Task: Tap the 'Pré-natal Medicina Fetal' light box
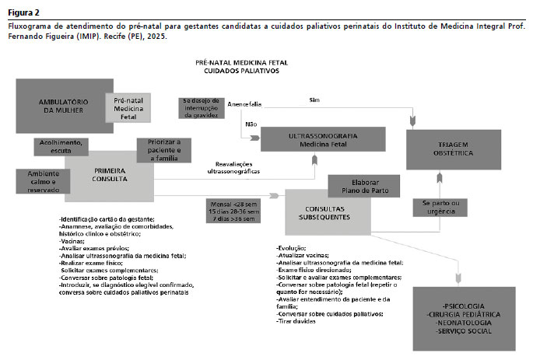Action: pos(129,108)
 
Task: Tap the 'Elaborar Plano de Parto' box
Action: pos(363,186)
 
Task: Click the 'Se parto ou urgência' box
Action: pos(440,208)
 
